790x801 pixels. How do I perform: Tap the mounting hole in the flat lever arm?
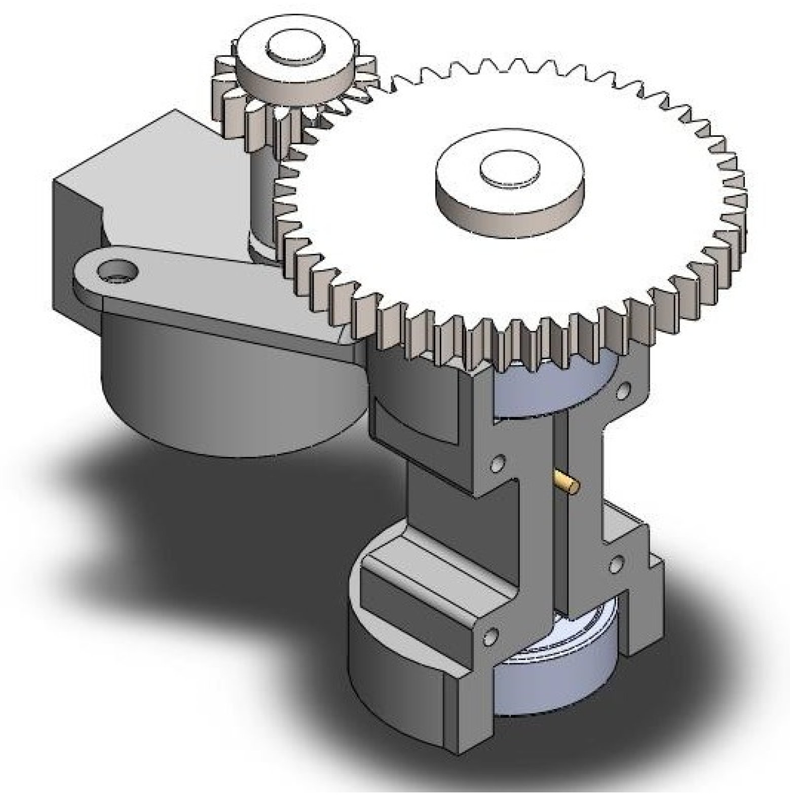(118, 272)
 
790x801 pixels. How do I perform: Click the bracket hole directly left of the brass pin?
(498, 462)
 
